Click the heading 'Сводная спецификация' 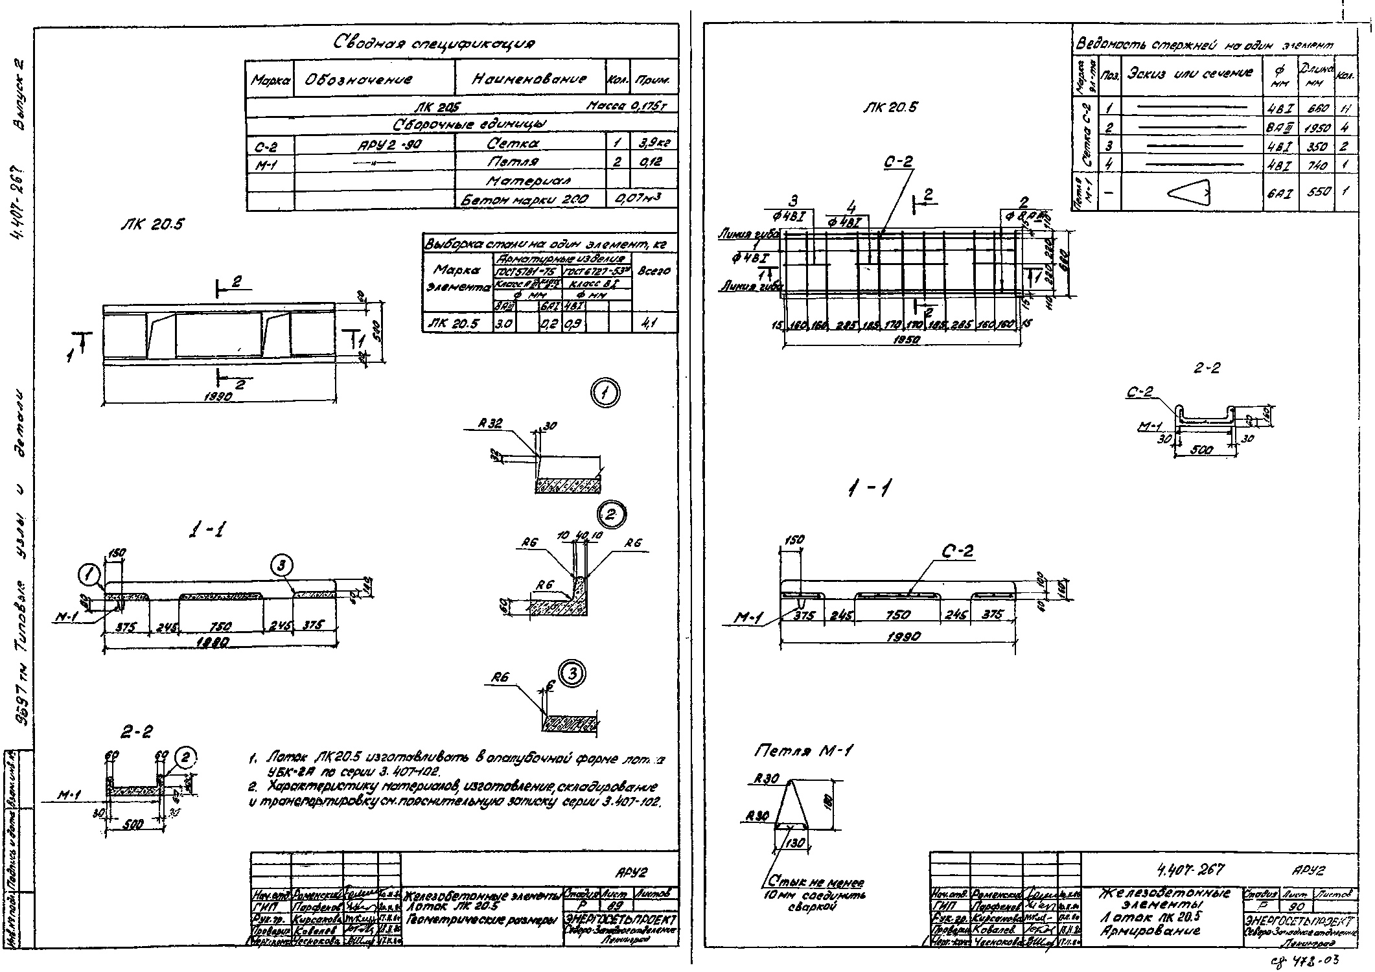(x=433, y=44)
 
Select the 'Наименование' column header (x=529, y=79)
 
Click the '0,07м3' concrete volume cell (x=641, y=199)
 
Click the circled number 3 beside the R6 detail (x=572, y=674)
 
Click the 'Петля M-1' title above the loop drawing (x=803, y=751)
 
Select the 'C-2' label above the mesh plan (x=897, y=162)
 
